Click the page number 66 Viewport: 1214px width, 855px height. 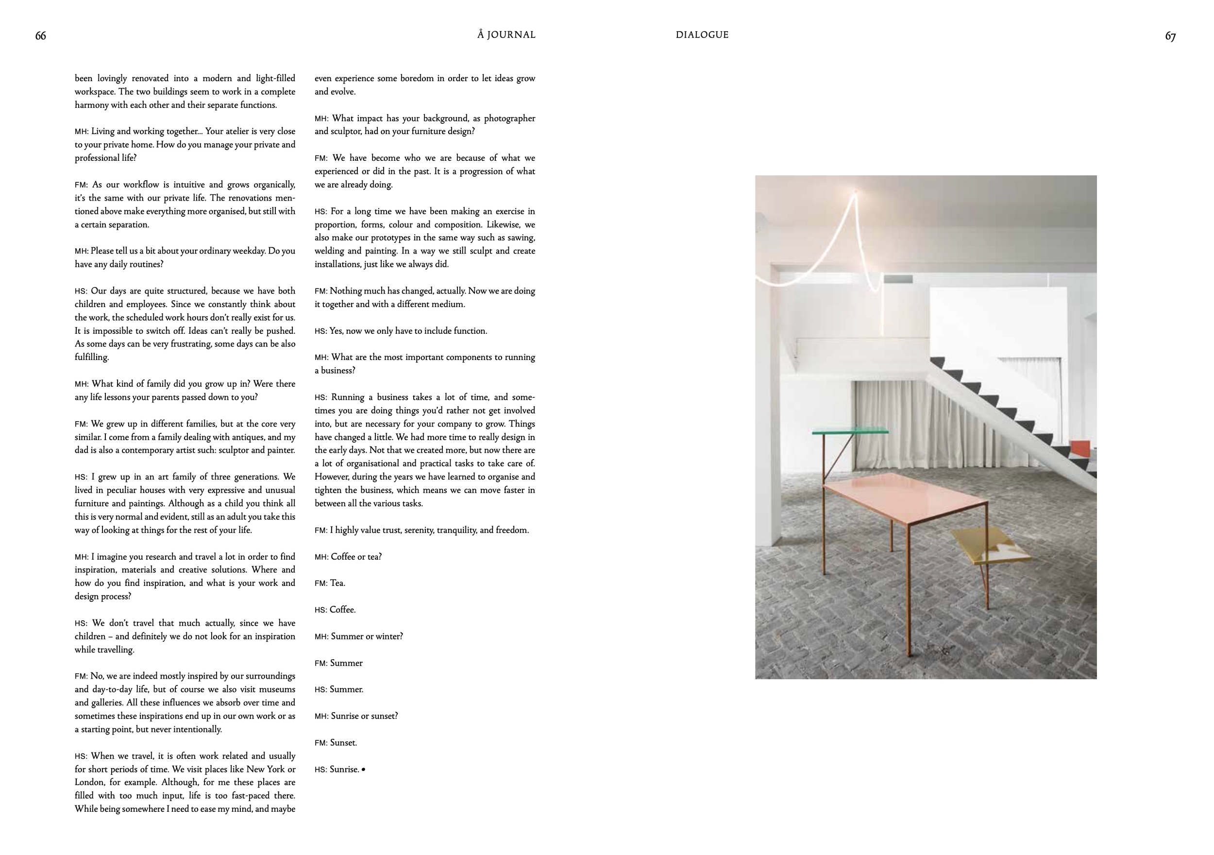41,36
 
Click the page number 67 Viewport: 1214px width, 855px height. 1171,36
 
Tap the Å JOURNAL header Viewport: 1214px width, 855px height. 506,35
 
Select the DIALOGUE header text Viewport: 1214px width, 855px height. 702,35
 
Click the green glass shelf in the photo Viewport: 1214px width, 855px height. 850,431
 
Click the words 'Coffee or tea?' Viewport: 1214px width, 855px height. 356,557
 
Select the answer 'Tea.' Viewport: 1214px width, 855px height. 337,583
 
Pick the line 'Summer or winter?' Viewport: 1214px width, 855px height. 367,636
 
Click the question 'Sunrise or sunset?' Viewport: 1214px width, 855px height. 364,716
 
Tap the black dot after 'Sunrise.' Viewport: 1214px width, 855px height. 363,769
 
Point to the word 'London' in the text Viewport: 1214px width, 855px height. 89,783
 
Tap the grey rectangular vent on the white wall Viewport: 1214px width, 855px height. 898,279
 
